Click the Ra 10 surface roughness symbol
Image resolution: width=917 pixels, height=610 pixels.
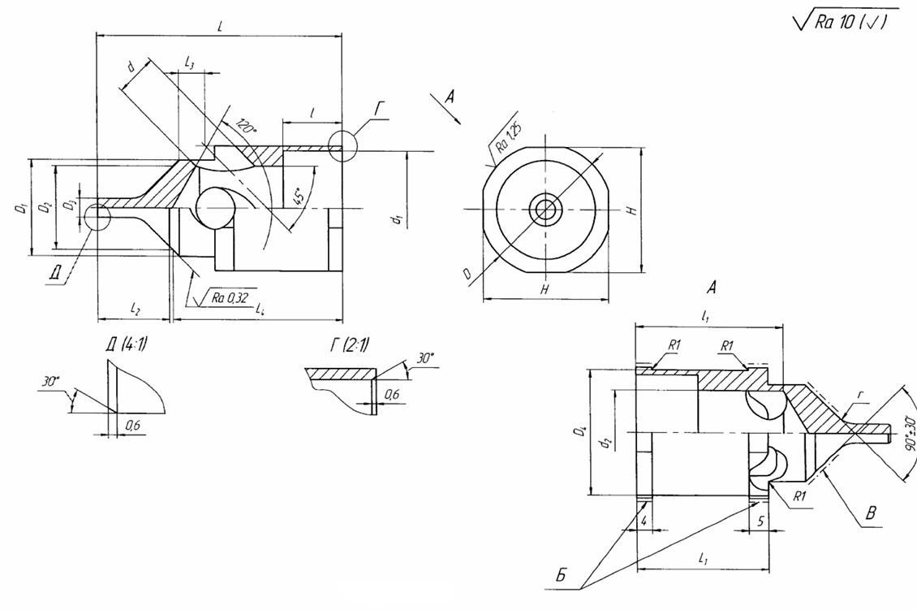click(844, 22)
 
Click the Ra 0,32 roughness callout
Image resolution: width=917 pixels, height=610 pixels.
click(228, 297)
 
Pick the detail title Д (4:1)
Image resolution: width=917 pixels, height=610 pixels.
click(127, 344)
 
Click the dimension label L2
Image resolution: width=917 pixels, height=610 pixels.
click(135, 308)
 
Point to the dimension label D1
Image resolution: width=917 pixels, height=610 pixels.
click(18, 209)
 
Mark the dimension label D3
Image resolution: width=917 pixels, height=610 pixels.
click(71, 203)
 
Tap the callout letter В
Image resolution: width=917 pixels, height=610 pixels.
click(871, 513)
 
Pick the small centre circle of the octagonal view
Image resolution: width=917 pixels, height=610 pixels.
click(546, 210)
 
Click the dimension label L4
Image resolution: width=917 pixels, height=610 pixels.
click(260, 309)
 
